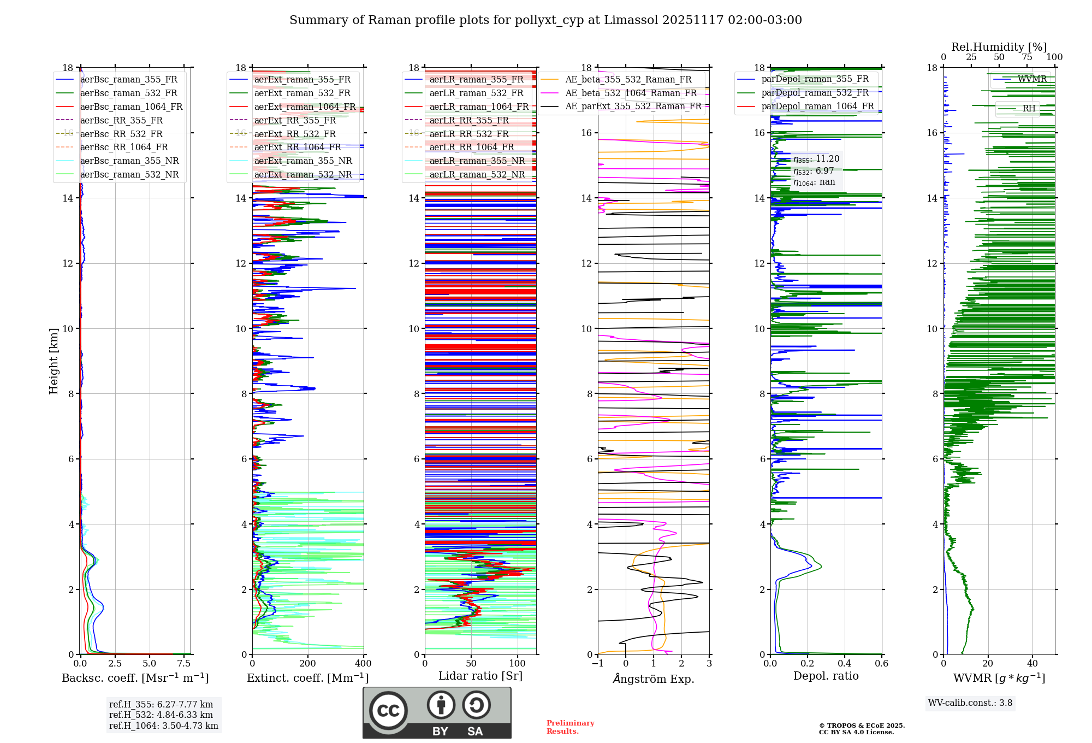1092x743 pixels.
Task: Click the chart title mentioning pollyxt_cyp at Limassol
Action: coord(545,20)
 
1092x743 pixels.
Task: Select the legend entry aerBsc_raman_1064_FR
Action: coord(131,107)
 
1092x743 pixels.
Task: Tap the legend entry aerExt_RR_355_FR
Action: coord(295,121)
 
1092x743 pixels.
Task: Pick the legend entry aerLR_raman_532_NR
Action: coord(477,175)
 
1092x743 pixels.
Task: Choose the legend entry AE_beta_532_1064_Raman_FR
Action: coord(631,93)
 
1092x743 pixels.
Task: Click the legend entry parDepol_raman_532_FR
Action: coord(815,93)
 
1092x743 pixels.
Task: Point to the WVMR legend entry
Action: coord(1031,79)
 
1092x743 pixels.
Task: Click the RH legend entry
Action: coord(1029,109)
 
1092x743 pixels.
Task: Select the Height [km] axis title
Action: coord(54,361)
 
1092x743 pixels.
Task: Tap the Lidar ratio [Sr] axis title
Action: coord(480,676)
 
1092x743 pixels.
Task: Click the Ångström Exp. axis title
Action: coord(654,679)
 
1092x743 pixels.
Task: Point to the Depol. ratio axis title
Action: coord(826,676)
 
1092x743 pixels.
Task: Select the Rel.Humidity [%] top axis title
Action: coord(999,47)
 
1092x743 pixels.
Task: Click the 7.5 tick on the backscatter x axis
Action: coord(184,664)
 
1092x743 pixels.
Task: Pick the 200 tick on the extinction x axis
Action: coord(308,664)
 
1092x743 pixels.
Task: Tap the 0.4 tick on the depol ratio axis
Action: coord(845,664)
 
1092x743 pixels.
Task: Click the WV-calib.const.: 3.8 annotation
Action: coord(970,703)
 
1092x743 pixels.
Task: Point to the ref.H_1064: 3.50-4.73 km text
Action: coord(163,726)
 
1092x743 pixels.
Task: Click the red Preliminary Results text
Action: coord(570,727)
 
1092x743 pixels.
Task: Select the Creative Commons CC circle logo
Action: coord(388,711)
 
